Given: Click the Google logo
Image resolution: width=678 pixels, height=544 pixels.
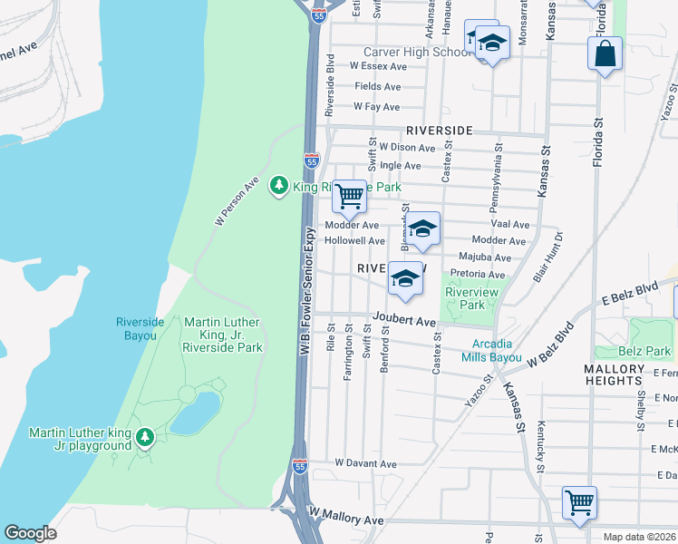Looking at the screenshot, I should (x=30, y=533).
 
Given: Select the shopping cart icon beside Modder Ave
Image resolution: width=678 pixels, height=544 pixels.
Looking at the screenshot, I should (x=349, y=195).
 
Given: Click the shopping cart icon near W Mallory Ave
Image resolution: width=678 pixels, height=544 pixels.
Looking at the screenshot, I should (x=579, y=501).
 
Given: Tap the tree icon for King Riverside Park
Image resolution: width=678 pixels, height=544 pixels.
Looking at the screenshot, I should (x=279, y=186).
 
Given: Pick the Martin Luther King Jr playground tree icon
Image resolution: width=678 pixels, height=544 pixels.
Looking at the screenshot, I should (x=143, y=439).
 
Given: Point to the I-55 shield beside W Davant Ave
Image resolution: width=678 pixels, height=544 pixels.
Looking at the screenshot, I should (x=300, y=466).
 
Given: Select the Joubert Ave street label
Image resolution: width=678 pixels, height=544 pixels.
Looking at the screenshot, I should (x=402, y=320).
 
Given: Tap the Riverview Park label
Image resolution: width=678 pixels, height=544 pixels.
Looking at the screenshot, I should (x=467, y=298).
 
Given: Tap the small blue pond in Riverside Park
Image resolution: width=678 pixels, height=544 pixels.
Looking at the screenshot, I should (x=195, y=413).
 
